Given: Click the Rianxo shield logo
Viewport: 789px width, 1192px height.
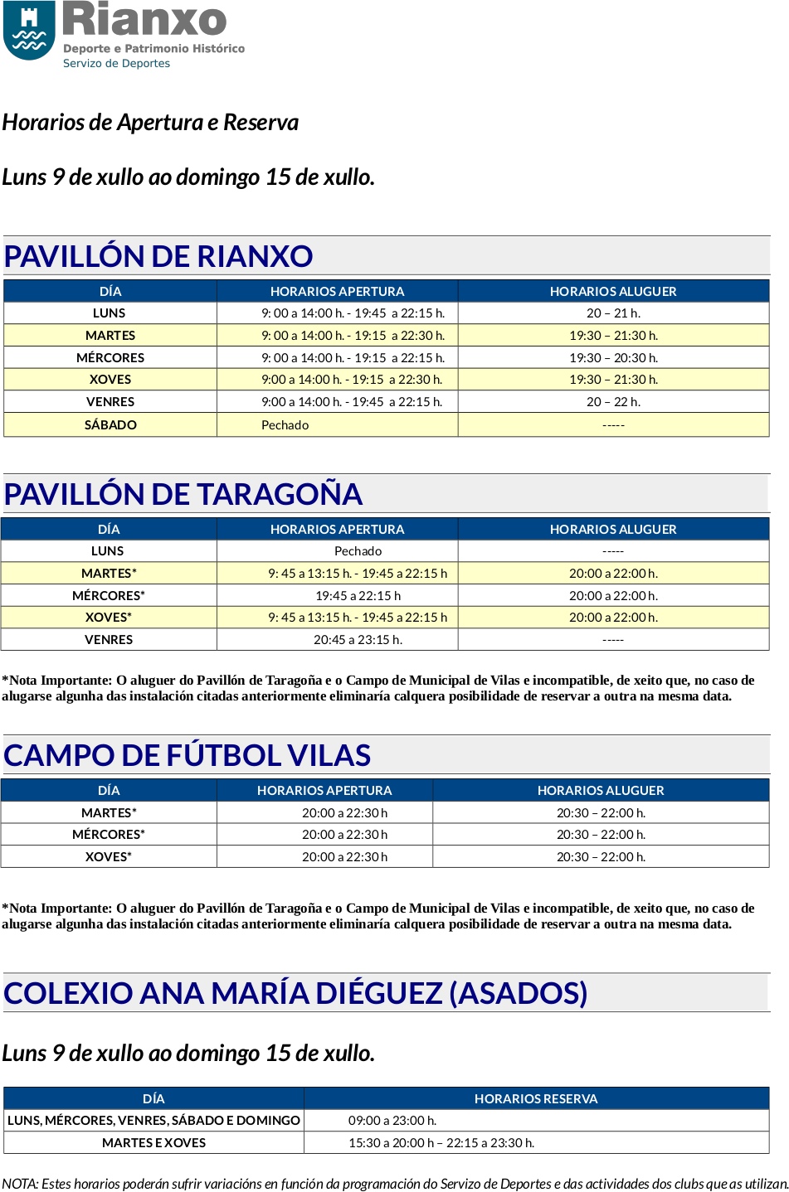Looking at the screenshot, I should click(x=30, y=31).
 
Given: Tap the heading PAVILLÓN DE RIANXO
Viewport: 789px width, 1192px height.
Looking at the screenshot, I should click(x=158, y=256).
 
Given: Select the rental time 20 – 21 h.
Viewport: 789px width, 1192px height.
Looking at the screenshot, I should click(x=613, y=313).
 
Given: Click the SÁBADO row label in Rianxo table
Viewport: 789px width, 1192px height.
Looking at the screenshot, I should click(x=110, y=424).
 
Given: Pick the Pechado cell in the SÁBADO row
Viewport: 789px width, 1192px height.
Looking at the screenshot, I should click(x=285, y=424).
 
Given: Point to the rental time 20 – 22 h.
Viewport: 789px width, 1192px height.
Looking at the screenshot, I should click(x=613, y=402).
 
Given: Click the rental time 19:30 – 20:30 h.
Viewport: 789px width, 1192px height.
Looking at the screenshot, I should click(x=613, y=358).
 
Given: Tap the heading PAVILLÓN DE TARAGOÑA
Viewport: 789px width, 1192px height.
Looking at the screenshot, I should click(x=183, y=494).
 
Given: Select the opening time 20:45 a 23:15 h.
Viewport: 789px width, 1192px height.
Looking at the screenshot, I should click(x=358, y=640).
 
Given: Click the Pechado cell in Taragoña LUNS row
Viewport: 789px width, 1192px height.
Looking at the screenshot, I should click(x=358, y=551).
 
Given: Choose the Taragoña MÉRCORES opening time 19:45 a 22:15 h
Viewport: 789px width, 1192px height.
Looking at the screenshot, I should click(x=358, y=596).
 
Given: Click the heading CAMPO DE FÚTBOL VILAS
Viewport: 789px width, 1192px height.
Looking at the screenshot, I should click(x=187, y=755).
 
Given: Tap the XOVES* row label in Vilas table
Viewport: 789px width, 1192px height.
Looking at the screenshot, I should click(x=109, y=857).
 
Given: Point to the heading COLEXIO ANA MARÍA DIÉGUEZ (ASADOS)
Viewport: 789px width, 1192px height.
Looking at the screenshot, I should click(x=295, y=993).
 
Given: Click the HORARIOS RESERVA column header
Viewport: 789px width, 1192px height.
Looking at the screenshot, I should click(x=536, y=1099).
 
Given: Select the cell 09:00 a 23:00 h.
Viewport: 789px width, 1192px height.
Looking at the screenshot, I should click(x=392, y=1121).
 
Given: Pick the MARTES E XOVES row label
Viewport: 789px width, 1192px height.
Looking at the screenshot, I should click(x=153, y=1143).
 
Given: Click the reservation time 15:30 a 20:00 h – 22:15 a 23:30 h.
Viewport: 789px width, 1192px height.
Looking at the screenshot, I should click(x=441, y=1143).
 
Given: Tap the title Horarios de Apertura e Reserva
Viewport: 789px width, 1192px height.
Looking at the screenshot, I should click(x=150, y=123).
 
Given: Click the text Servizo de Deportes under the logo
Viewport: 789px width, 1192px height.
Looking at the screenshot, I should click(x=117, y=64).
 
